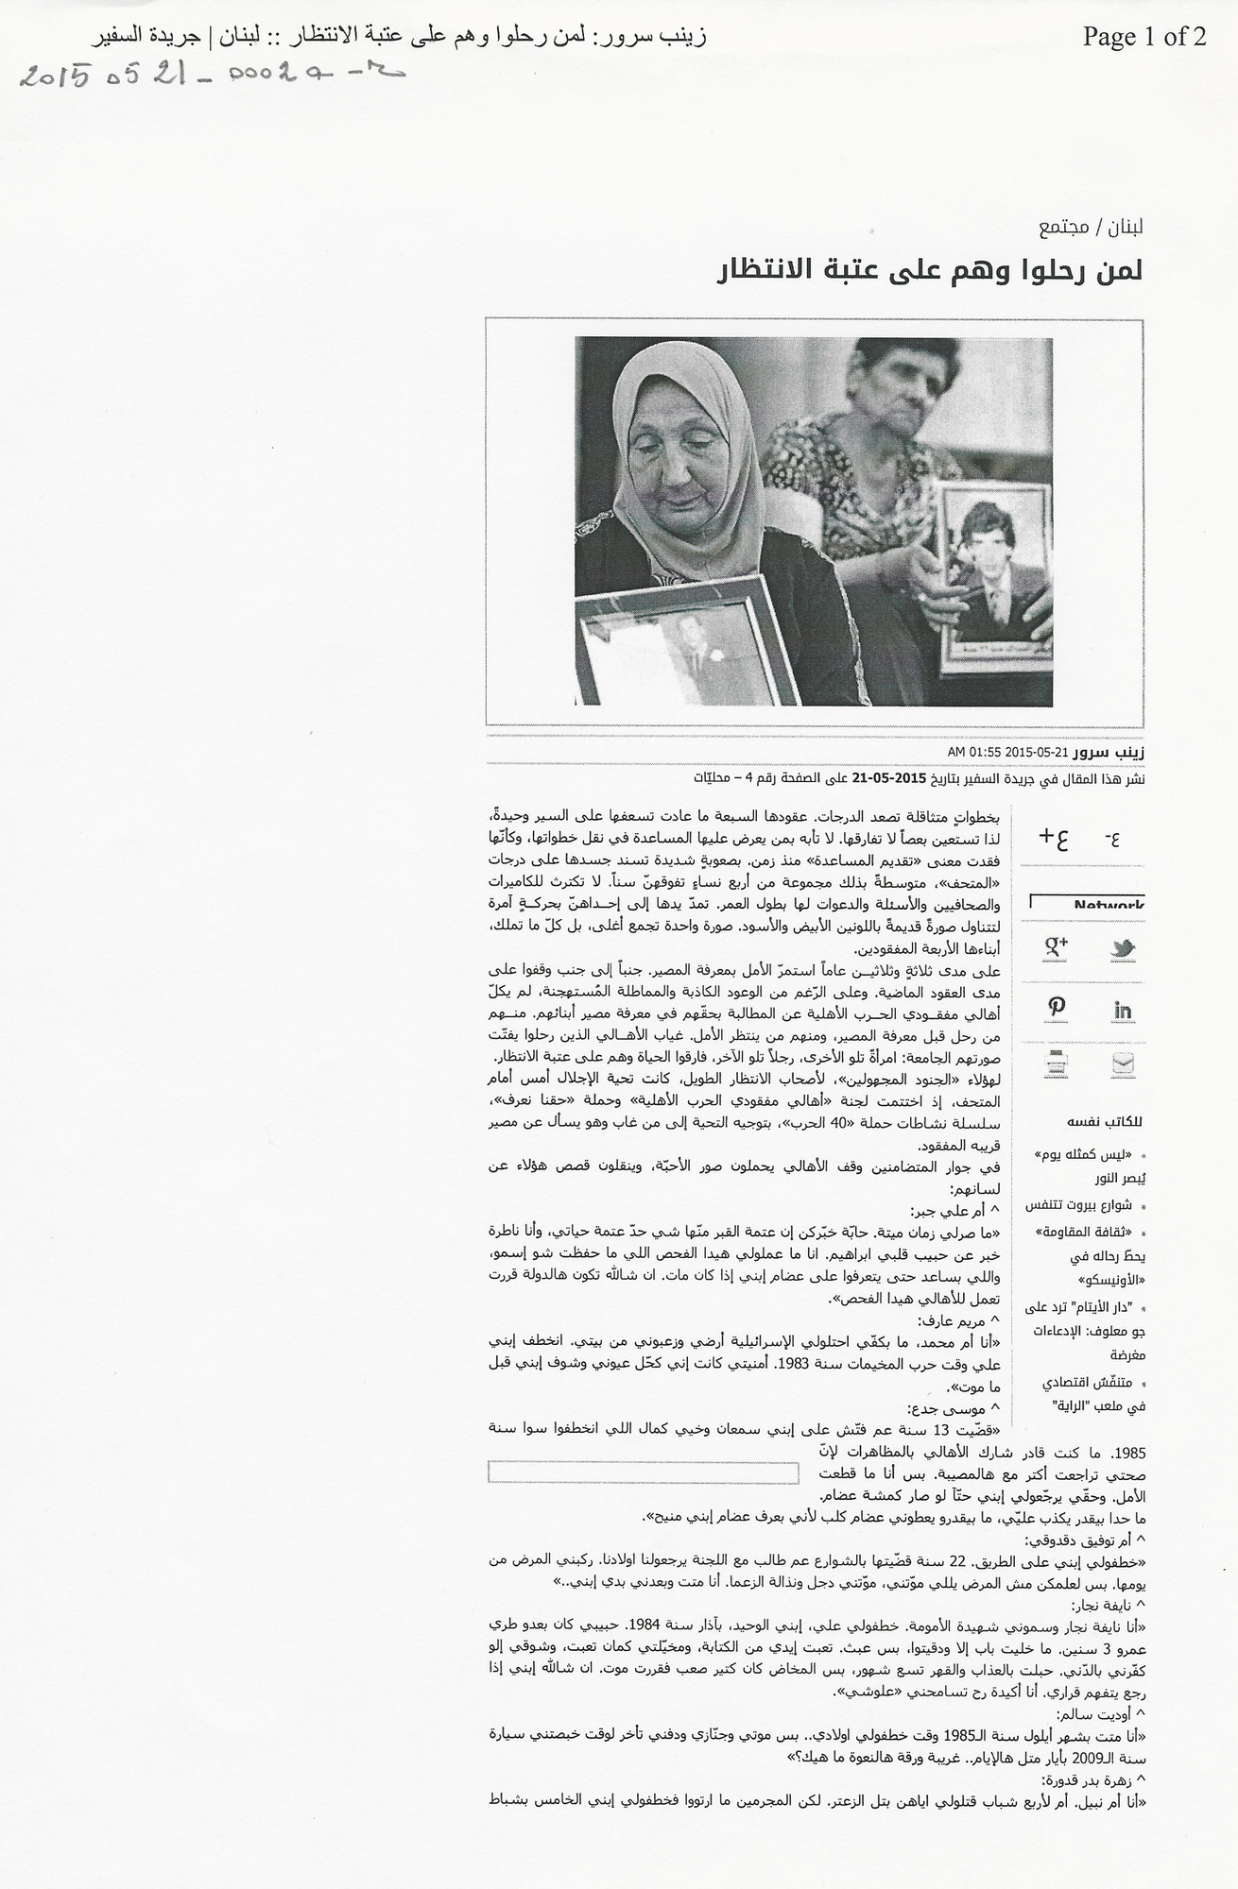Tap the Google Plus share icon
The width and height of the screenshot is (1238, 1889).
pyautogui.click(x=1055, y=946)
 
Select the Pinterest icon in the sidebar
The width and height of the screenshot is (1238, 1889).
pyautogui.click(x=1056, y=1008)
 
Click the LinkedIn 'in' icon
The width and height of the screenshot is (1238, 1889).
pyautogui.click(x=1123, y=1010)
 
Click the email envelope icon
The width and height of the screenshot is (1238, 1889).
pyautogui.click(x=1123, y=1064)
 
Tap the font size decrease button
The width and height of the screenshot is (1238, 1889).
pyautogui.click(x=1114, y=836)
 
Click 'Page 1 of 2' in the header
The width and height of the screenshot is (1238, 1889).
pyautogui.click(x=1143, y=37)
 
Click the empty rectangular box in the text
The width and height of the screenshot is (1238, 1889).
pyautogui.click(x=643, y=1472)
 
